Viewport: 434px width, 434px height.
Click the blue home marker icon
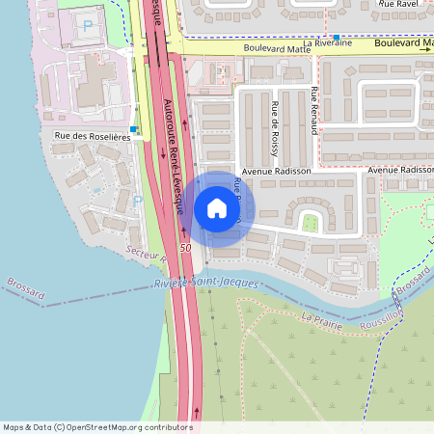217,209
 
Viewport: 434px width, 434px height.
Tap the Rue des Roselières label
93,138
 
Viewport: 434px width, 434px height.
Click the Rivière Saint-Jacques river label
206,283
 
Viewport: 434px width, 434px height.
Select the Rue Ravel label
399,4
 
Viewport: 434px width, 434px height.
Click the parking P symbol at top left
89,25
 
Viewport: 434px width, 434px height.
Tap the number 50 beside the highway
184,249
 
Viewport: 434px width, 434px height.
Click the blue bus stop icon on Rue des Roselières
134,128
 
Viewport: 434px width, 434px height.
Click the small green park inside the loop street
310,223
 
